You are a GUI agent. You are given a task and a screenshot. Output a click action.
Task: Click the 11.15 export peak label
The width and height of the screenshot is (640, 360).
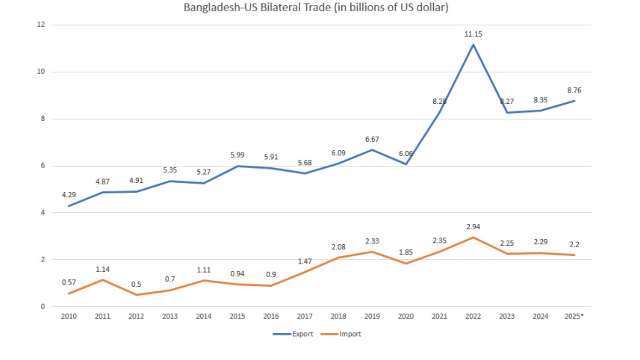pyautogui.click(x=473, y=34)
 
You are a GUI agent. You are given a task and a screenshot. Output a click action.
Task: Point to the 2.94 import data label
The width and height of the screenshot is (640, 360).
pyautogui.click(x=473, y=226)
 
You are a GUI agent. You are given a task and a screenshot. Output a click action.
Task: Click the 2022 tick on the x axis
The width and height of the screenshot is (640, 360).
pyautogui.click(x=473, y=317)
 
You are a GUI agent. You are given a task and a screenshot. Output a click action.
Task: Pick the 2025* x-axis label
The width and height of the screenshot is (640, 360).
pyautogui.click(x=574, y=317)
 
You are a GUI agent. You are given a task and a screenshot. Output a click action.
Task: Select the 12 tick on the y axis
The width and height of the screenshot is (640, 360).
pyautogui.click(x=42, y=25)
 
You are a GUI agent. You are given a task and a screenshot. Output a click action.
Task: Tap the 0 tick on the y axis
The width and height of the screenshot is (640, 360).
pyautogui.click(x=44, y=307)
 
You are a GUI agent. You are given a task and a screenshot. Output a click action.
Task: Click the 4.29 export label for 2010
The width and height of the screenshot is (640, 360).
pyautogui.click(x=69, y=196)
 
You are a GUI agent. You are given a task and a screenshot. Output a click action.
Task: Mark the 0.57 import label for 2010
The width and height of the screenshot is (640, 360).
pyautogui.click(x=69, y=283)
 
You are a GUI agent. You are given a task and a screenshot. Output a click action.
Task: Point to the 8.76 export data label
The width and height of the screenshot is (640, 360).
pyautogui.click(x=574, y=90)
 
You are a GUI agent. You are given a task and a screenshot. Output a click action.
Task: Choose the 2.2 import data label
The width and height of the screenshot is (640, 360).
pyautogui.click(x=574, y=244)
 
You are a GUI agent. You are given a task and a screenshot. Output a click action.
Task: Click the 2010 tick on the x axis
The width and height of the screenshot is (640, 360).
pyautogui.click(x=69, y=317)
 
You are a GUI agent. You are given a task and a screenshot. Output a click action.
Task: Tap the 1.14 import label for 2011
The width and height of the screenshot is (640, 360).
pyautogui.click(x=102, y=269)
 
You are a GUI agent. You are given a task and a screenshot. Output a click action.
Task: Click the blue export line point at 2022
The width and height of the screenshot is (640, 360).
pyautogui.click(x=473, y=45)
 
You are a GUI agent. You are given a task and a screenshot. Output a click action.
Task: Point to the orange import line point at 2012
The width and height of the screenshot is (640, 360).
pyautogui.click(x=136, y=295)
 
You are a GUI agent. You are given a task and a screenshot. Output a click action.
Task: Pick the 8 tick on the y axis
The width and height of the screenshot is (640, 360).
pyautogui.click(x=44, y=119)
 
